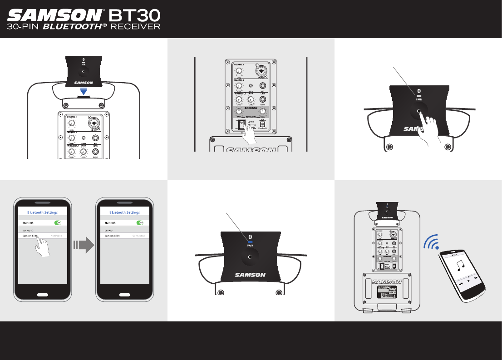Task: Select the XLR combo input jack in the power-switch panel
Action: (x=262, y=71)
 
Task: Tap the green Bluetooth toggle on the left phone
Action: (x=58, y=223)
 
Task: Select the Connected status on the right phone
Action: (x=138, y=236)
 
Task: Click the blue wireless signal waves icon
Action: (x=431, y=243)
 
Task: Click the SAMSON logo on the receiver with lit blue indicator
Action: (x=251, y=274)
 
